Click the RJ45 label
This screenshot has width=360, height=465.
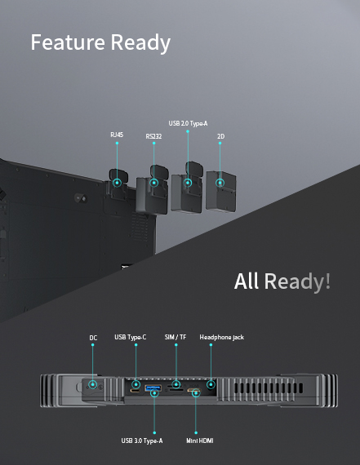(117, 135)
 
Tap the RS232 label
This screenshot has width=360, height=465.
(153, 136)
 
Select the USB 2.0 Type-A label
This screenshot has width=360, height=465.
(188, 123)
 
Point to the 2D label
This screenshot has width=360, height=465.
(220, 136)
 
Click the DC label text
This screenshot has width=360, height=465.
(93, 338)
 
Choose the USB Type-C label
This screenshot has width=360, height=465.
(131, 337)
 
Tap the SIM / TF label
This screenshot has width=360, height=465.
(176, 337)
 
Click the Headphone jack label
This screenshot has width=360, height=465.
(222, 337)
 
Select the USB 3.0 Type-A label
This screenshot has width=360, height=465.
(142, 441)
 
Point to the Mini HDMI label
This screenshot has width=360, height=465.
(200, 441)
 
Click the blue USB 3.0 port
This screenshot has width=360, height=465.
(153, 387)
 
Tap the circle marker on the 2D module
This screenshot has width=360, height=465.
(220, 183)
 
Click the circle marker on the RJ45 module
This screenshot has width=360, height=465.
(118, 183)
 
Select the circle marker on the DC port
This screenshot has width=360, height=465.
(92, 384)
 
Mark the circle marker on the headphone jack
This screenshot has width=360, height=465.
(211, 384)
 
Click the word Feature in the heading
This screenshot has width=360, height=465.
(68, 42)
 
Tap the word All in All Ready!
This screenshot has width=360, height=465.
(246, 281)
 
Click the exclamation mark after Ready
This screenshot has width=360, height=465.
(327, 281)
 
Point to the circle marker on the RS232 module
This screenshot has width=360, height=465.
(153, 183)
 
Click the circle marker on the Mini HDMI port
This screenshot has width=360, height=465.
(196, 393)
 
